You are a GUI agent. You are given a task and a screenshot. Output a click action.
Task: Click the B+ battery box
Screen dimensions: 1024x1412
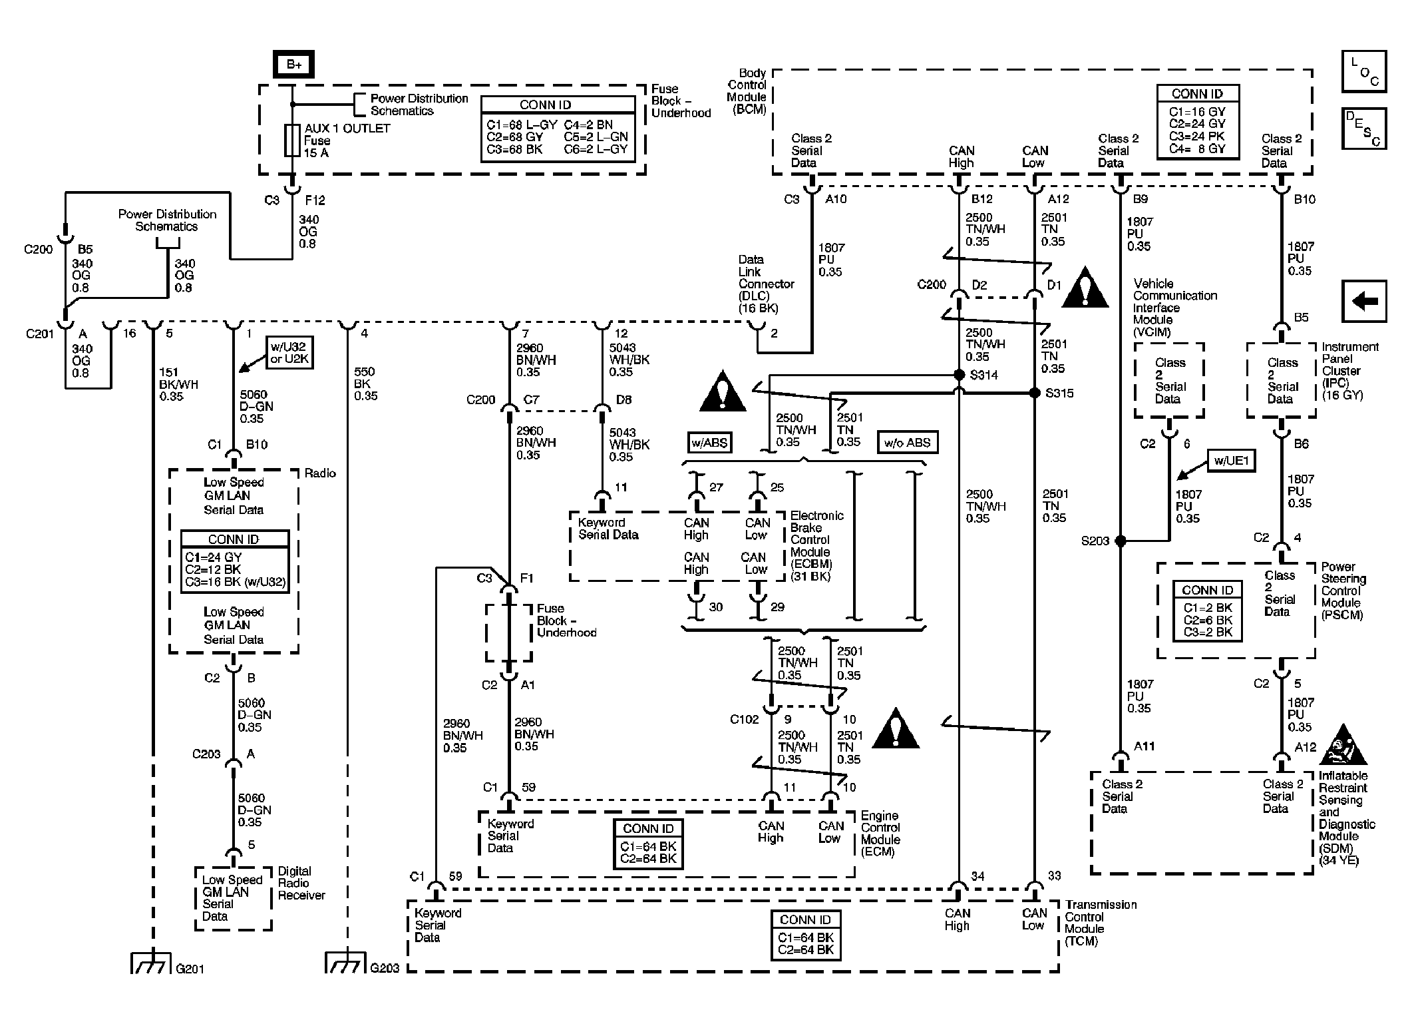pos(293,65)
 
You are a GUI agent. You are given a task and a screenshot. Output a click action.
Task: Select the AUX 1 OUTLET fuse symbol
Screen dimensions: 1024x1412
pos(292,140)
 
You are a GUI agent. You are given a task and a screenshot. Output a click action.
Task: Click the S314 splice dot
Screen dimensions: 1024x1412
pos(959,375)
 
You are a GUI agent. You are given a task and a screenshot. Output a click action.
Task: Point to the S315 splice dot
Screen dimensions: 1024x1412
pos(1034,393)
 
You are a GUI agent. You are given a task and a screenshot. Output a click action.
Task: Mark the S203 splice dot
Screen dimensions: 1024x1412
pos(1121,541)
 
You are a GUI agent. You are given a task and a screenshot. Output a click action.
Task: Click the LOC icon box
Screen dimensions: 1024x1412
pos(1364,71)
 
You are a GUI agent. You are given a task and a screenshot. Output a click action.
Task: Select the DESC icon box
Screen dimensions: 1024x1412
pos(1364,128)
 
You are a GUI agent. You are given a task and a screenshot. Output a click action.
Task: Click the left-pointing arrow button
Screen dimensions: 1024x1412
pos(1364,302)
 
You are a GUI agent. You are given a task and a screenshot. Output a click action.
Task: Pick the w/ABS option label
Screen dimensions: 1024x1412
pos(710,443)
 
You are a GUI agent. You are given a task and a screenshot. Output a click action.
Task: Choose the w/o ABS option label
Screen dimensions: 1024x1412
pos(907,443)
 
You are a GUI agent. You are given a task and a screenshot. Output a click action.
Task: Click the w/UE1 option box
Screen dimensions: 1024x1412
pos(1231,461)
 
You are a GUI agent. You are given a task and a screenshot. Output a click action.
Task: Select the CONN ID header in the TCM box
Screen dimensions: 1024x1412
pos(805,919)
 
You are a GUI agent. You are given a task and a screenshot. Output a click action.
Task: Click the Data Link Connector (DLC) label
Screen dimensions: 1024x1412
pos(765,284)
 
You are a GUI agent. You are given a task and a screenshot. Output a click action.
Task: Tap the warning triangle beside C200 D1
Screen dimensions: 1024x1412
pos(1085,289)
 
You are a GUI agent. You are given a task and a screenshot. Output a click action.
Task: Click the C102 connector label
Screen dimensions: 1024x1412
pos(744,719)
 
